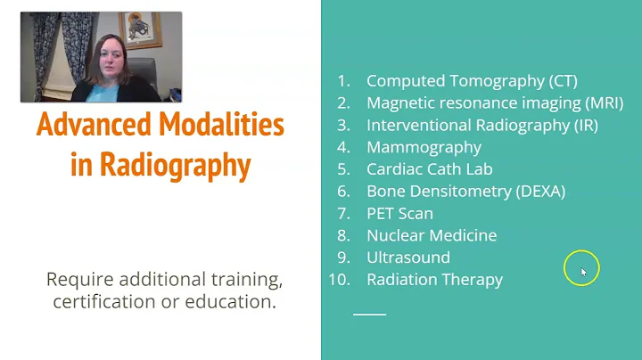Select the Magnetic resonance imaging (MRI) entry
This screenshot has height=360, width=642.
[495, 102]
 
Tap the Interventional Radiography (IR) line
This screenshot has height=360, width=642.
[482, 125]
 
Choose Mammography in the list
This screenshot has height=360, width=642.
[424, 147]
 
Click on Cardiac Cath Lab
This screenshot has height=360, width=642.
[430, 169]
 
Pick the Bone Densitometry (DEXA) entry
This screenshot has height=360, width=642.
[465, 191]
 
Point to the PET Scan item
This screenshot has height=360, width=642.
[399, 213]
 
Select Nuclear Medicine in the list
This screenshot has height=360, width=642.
[432, 235]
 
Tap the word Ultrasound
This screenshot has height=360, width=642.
[408, 258]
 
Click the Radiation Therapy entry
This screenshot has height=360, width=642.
[434, 280]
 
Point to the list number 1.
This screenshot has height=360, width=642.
[343, 80]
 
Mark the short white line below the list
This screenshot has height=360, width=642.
[369, 314]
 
